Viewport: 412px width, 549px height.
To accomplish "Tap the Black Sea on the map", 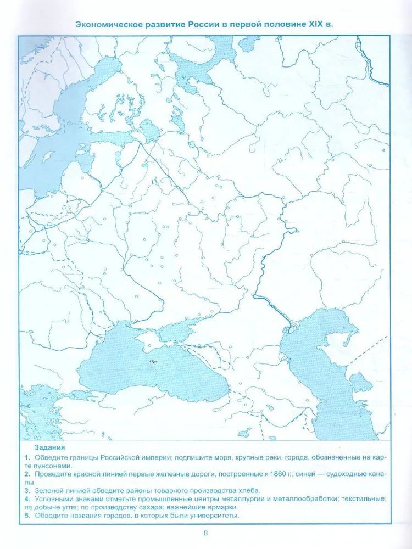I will pos(148,373).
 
